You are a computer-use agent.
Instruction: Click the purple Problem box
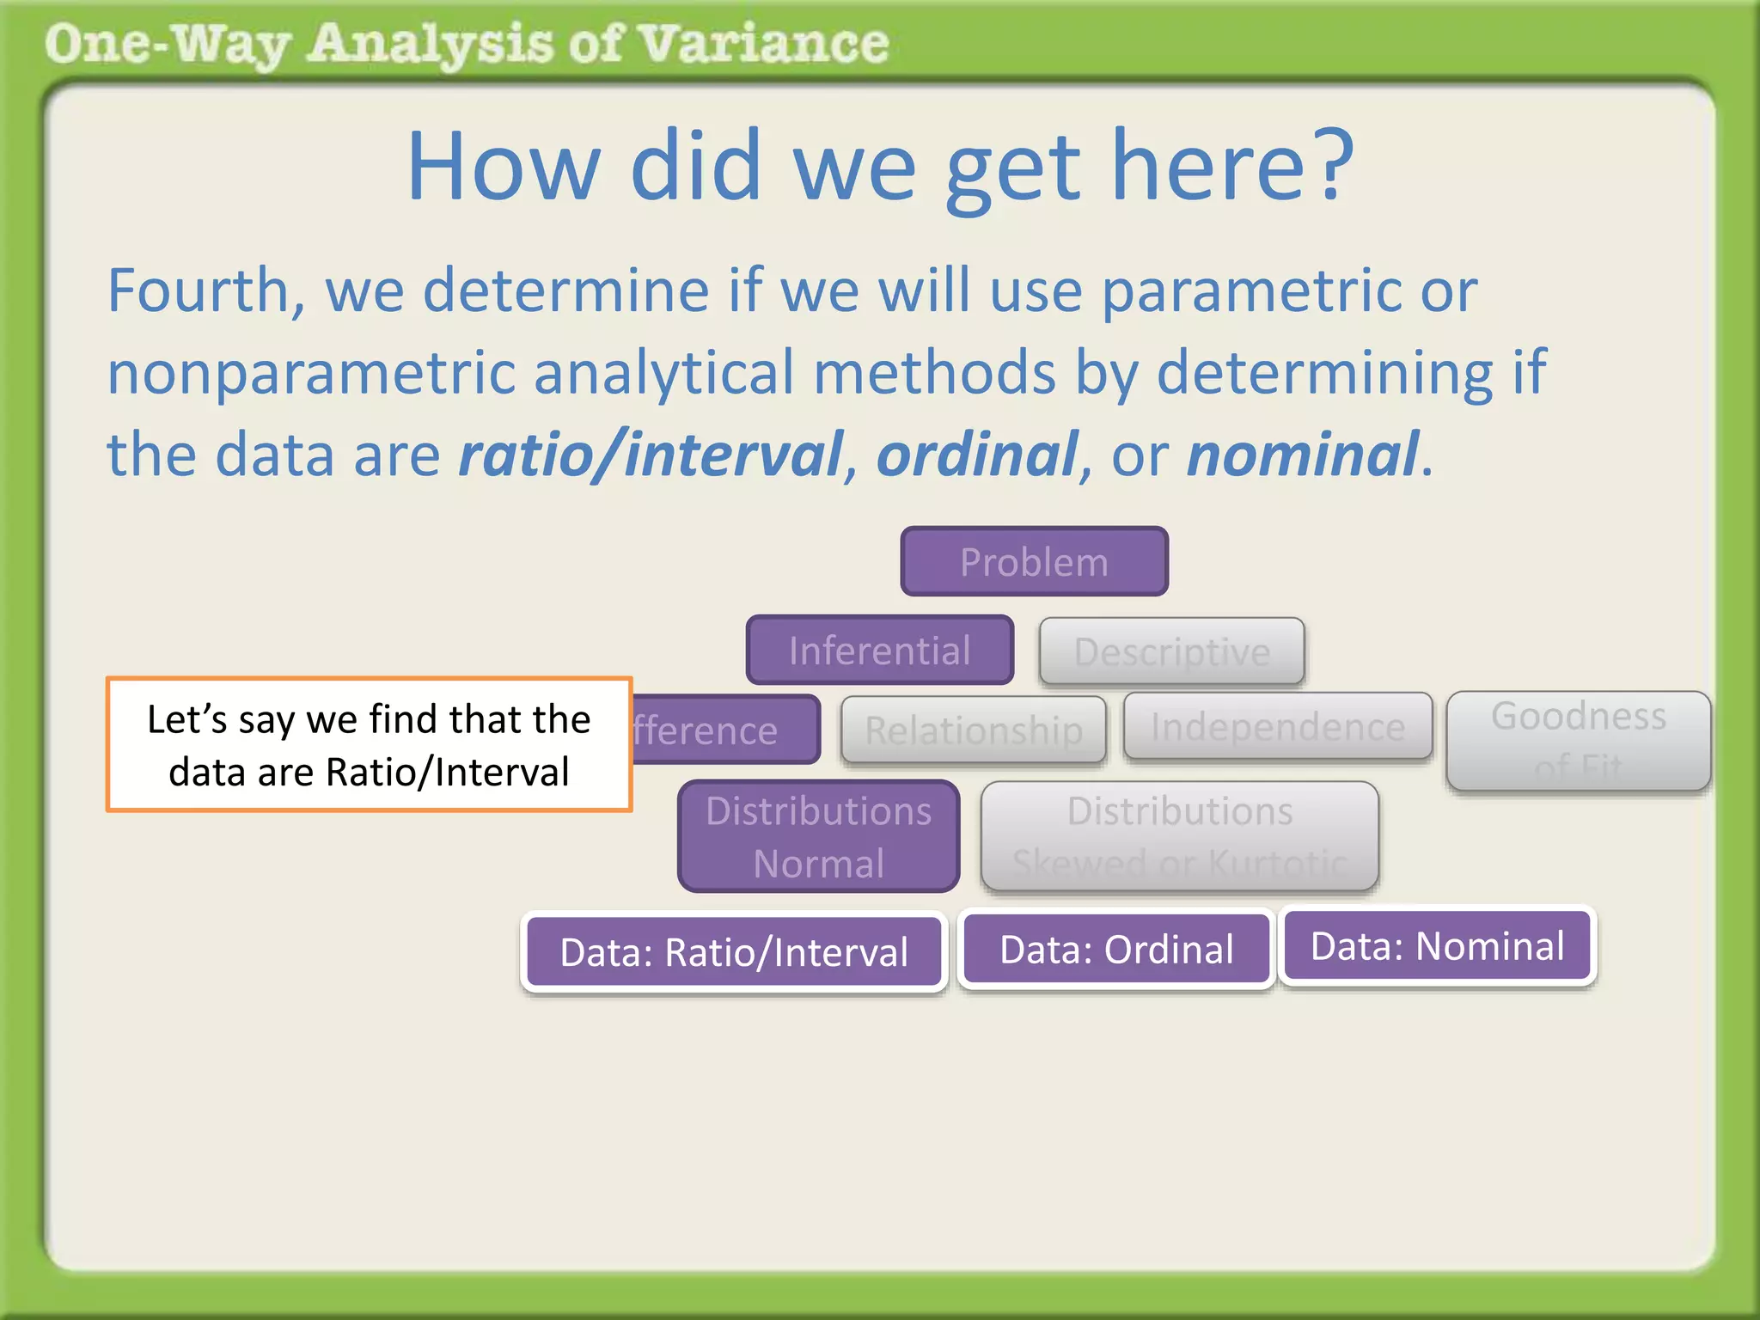[x=1034, y=562]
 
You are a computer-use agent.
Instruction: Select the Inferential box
[x=880, y=651]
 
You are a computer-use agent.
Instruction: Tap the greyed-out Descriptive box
[x=1171, y=651]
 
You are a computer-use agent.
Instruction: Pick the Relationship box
[x=973, y=730]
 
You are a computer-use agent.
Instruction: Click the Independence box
[x=1278, y=727]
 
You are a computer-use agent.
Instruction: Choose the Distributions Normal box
[x=818, y=836]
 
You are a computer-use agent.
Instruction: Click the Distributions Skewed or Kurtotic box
[x=1179, y=836]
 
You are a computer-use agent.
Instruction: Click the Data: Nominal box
[x=1437, y=946]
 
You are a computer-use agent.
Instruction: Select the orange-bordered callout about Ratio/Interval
[x=369, y=744]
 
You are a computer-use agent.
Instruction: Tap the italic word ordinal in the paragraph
[x=976, y=455]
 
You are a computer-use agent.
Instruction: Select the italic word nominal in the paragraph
[x=1302, y=455]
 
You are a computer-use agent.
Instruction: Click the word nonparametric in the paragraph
[x=310, y=373]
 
